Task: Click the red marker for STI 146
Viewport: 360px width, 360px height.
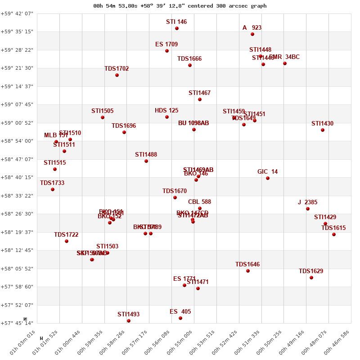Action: pyautogui.click(x=177, y=28)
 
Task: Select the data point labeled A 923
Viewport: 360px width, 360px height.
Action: pyautogui.click(x=252, y=34)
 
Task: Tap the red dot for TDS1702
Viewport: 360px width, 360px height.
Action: pyautogui.click(x=117, y=75)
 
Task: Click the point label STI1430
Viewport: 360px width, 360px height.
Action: pyautogui.click(x=322, y=124)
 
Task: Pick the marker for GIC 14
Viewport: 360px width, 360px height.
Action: pyautogui.click(x=268, y=178)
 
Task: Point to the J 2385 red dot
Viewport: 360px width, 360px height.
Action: pyautogui.click(x=308, y=209)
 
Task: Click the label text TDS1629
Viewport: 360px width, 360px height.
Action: pyautogui.click(x=311, y=271)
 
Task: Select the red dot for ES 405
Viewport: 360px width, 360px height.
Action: pyautogui.click(x=180, y=318)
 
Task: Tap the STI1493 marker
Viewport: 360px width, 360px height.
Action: pyautogui.click(x=129, y=321)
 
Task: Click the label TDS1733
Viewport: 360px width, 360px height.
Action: pyautogui.click(x=52, y=183)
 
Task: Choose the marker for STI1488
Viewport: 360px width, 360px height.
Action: pyautogui.click(x=146, y=161)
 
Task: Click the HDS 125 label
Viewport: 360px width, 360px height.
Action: pyautogui.click(x=166, y=111)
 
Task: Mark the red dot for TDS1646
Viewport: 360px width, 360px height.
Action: pyautogui.click(x=248, y=271)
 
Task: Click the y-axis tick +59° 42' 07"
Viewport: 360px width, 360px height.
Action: pyautogui.click(x=17, y=13)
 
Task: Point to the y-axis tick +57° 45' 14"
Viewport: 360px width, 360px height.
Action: pyautogui.click(x=17, y=323)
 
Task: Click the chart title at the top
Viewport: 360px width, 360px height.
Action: pyautogui.click(x=180, y=6)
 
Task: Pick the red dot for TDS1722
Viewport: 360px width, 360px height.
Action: pyautogui.click(x=67, y=241)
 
